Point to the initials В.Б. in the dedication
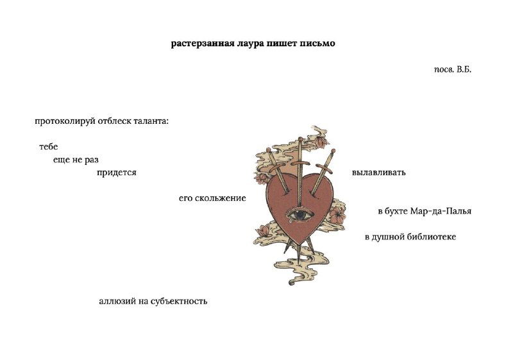click(464, 69)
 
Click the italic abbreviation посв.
click(444, 70)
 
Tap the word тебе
click(49, 146)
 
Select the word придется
click(117, 173)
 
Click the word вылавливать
click(378, 173)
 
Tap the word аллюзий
click(115, 301)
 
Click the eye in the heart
click(299, 215)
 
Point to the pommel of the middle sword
click(300, 139)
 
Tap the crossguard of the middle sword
click(300, 163)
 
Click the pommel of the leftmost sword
click(268, 150)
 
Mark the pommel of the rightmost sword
click(333, 151)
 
